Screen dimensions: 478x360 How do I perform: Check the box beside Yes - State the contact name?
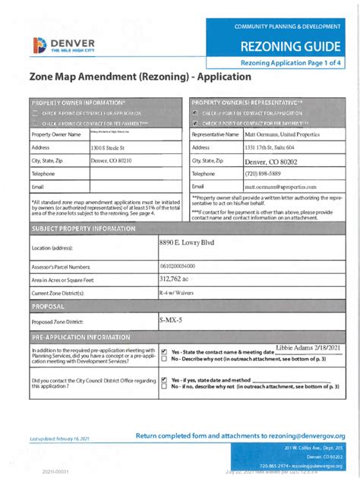(x=164, y=351)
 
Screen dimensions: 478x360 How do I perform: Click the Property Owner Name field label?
(x=56, y=134)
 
